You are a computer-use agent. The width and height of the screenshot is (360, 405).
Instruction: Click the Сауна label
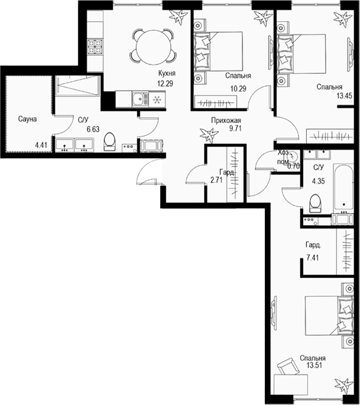click(x=27, y=119)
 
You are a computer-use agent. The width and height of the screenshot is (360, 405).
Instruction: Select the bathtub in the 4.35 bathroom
click(x=343, y=185)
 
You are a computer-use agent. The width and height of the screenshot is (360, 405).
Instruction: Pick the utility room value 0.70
click(x=294, y=165)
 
